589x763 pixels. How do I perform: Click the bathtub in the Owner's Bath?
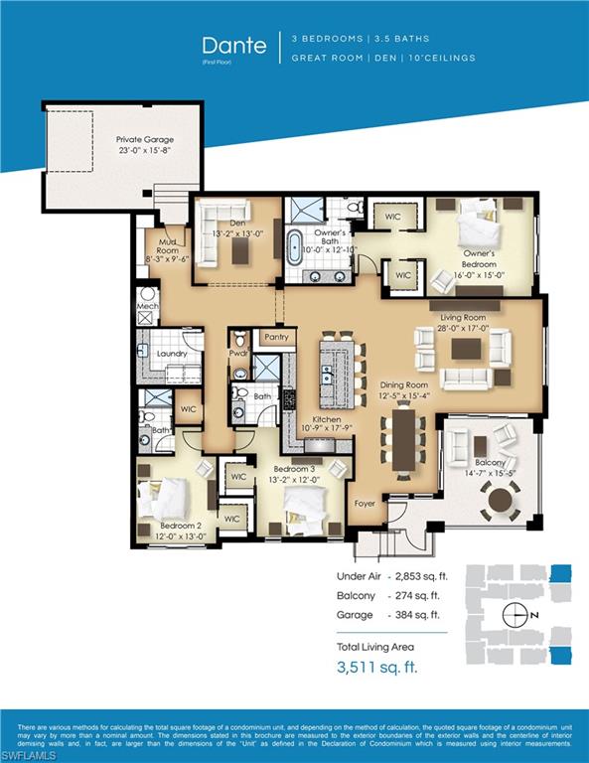(x=295, y=247)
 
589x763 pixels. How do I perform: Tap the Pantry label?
(x=277, y=337)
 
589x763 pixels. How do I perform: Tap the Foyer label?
(x=366, y=504)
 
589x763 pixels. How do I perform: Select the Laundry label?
(x=172, y=354)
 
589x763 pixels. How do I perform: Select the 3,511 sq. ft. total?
(x=376, y=667)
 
